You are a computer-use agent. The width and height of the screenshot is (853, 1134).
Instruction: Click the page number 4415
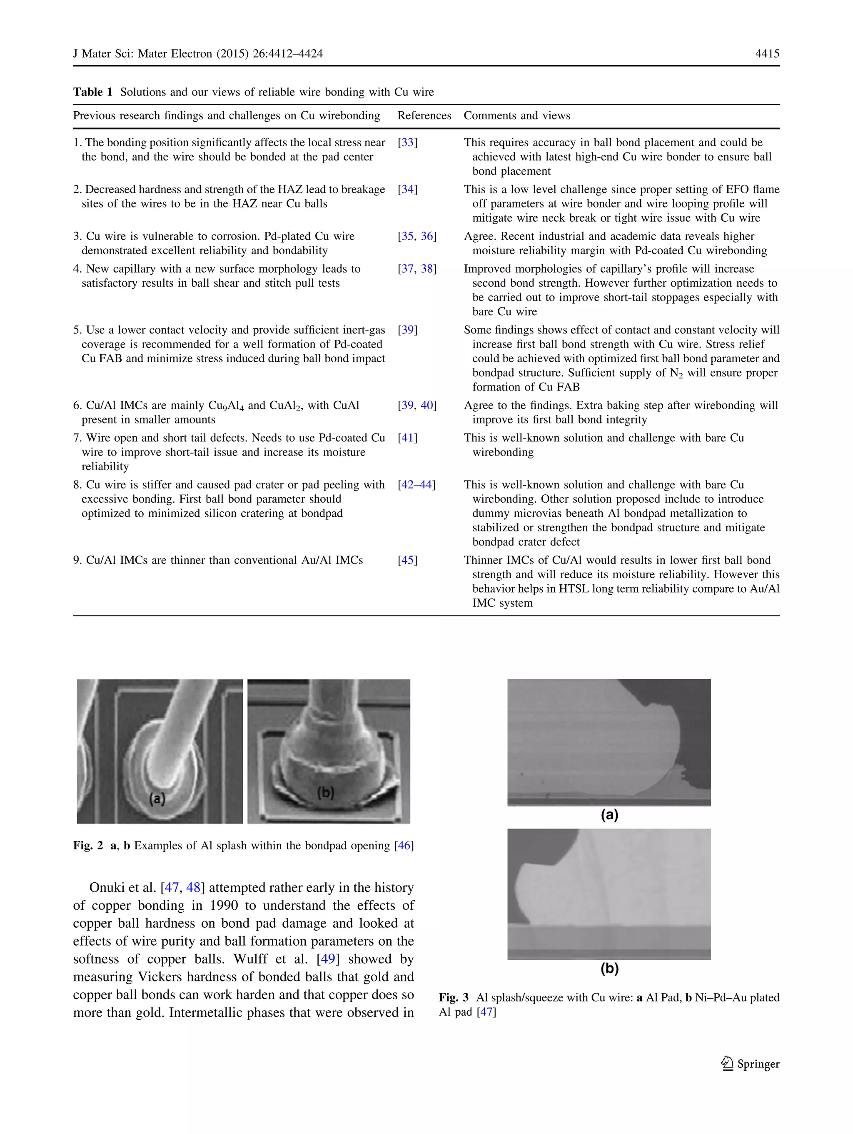(x=767, y=54)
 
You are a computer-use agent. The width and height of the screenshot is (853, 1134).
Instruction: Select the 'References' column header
(x=424, y=116)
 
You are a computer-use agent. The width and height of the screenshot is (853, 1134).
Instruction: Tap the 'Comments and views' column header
(x=516, y=116)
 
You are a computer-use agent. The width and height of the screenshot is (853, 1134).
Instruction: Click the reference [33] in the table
(x=407, y=143)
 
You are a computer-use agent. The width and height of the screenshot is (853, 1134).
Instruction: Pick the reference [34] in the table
(x=407, y=190)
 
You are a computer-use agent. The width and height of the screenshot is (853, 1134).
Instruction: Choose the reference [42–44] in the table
(x=417, y=485)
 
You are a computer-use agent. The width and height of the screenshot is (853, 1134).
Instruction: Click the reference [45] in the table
(x=407, y=561)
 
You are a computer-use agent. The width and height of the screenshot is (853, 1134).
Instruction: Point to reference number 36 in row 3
(x=427, y=236)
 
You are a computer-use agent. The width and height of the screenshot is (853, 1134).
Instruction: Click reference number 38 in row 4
(x=427, y=269)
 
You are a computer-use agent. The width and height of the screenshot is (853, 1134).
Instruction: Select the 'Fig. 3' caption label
(x=454, y=998)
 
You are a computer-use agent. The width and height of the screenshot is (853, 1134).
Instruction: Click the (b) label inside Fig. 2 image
(x=325, y=793)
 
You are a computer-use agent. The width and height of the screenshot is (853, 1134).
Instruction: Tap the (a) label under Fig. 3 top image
(x=609, y=815)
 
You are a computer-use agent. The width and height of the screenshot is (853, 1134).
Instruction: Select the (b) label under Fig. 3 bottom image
(x=609, y=969)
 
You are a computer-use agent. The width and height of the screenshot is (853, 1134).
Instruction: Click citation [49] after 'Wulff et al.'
(x=328, y=959)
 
